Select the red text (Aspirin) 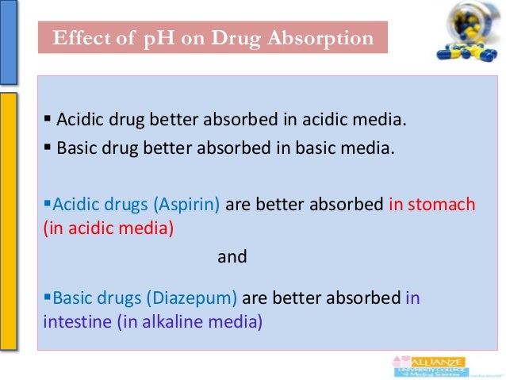(x=191, y=205)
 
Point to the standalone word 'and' (x=232, y=257)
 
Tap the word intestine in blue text (x=69, y=323)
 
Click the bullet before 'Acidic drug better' (x=48, y=121)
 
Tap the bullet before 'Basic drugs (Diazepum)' (x=45, y=299)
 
